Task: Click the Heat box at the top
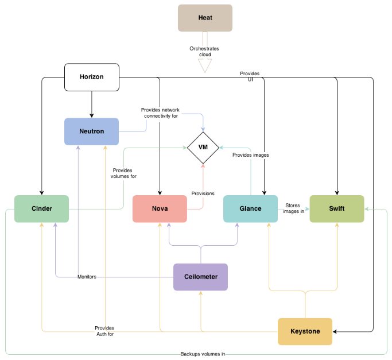coord(205,18)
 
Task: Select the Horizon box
coord(92,77)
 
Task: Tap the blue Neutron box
coord(91,131)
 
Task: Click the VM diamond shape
coord(203,148)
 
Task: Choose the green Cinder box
coord(42,208)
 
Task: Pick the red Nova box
coord(160,208)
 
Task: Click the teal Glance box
coord(250,208)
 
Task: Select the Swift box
coord(337,208)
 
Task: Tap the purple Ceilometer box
coord(200,277)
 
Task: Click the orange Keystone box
coord(305,331)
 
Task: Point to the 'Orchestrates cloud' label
coord(204,52)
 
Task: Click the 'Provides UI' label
coord(250,76)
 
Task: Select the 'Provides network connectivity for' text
coord(159,113)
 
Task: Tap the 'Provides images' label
coord(250,155)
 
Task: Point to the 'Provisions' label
coord(203,193)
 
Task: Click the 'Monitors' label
coord(87,277)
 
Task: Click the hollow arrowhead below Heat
coord(205,66)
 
